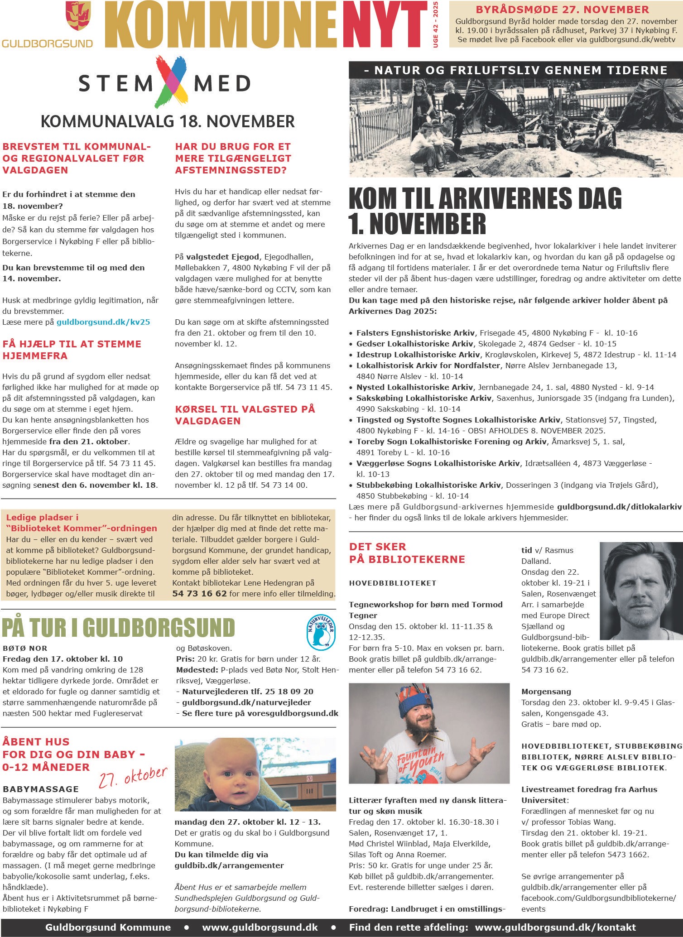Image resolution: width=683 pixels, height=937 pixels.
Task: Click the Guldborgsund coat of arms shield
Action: [x=78, y=16]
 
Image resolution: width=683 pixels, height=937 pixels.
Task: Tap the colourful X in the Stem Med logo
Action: [x=171, y=82]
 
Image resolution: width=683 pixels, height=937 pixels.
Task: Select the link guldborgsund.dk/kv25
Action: [x=103, y=322]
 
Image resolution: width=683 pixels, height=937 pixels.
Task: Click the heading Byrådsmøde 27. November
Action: [x=562, y=10]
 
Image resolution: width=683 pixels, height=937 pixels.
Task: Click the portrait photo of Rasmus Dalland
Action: [x=640, y=591]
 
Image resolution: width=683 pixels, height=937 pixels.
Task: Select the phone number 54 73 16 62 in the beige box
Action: [x=199, y=594]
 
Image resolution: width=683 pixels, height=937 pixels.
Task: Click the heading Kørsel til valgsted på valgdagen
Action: [x=245, y=415]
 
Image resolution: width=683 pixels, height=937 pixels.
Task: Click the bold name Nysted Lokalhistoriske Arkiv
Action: [x=414, y=387]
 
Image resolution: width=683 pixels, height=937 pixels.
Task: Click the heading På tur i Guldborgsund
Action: [x=119, y=628]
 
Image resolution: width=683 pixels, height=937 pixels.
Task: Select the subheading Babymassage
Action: [x=41, y=789]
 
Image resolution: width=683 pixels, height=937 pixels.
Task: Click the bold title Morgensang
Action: [x=546, y=692]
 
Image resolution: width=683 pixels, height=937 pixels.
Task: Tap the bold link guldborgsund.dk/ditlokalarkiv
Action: [x=619, y=507]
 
